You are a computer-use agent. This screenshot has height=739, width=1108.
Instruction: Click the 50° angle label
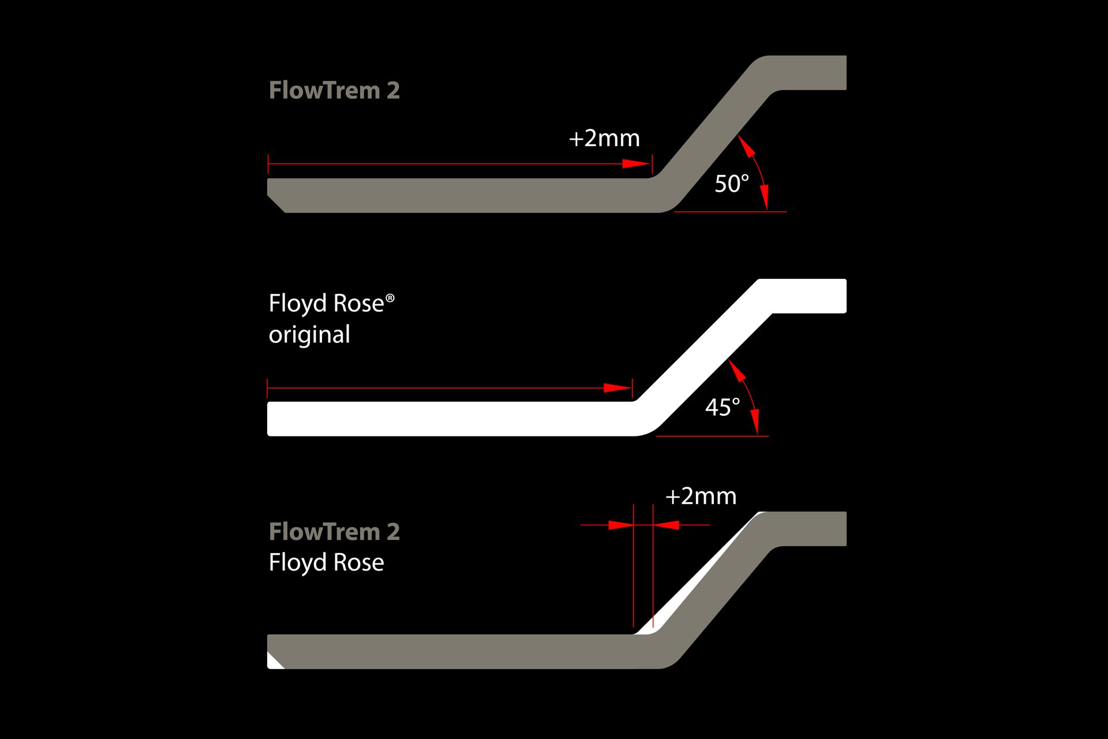tap(732, 184)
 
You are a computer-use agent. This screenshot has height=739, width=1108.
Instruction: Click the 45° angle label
tap(723, 408)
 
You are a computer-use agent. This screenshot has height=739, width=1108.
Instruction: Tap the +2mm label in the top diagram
tap(604, 138)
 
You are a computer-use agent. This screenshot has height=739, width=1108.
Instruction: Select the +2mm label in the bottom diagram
tap(701, 496)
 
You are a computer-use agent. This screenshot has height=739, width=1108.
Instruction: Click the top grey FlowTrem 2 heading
tap(334, 90)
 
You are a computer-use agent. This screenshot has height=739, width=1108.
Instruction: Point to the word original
tap(309, 335)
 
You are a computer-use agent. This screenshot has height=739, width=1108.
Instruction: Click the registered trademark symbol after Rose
tap(390, 298)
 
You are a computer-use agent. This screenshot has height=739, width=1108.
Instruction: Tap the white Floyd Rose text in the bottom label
tap(326, 562)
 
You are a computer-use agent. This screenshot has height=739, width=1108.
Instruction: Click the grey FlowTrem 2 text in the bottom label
tap(334, 531)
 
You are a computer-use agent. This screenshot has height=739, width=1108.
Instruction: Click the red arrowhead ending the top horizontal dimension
tap(637, 164)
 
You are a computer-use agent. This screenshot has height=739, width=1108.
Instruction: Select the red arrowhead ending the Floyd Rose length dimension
tap(618, 388)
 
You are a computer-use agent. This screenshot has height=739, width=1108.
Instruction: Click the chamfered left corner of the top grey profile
tap(276, 204)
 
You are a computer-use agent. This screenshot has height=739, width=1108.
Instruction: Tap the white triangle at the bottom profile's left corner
tap(274, 662)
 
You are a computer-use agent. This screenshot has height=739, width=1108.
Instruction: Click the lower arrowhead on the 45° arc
tap(754, 421)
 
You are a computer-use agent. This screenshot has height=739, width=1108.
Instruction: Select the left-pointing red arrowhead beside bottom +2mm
tap(667, 525)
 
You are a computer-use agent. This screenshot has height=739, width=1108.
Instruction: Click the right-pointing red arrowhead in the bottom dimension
tap(621, 525)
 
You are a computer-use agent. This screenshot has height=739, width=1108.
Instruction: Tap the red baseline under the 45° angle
tap(712, 436)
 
